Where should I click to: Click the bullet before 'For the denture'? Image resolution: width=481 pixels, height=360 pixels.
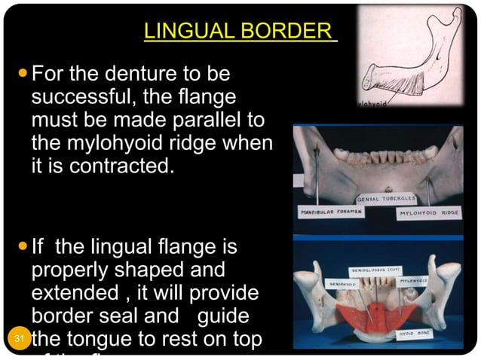[x=21, y=75]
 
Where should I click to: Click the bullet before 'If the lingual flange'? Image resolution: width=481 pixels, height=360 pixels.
[x=21, y=247]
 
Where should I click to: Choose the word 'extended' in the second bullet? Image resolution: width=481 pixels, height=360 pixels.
[x=74, y=292]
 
